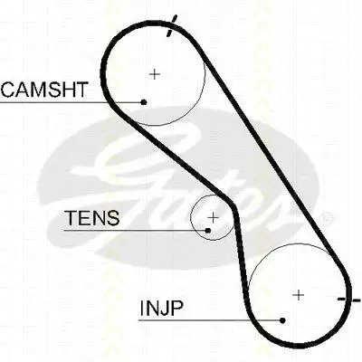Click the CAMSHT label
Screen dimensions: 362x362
pos(44,90)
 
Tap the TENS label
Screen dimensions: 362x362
pos(92,218)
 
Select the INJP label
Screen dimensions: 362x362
pos(162,308)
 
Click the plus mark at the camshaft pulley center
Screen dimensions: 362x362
pos(155,74)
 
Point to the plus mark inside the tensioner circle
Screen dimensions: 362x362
pos(213,217)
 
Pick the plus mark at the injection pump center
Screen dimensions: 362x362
pos(299,295)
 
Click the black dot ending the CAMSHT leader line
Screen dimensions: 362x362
pos(144,102)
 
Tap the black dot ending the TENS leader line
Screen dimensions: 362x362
pos(208,231)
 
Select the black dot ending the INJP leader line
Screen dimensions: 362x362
pos(282,320)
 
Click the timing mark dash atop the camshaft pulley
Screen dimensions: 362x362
pos(172,26)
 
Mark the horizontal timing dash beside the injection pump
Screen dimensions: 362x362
pos(348,300)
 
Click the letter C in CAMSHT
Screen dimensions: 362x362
pos(9,90)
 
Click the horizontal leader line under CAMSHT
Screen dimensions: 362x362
pos(71,102)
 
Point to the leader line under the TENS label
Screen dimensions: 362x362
pos(136,231)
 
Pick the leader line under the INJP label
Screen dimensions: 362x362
pos(211,320)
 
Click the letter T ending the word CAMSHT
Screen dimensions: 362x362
pos(81,90)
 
